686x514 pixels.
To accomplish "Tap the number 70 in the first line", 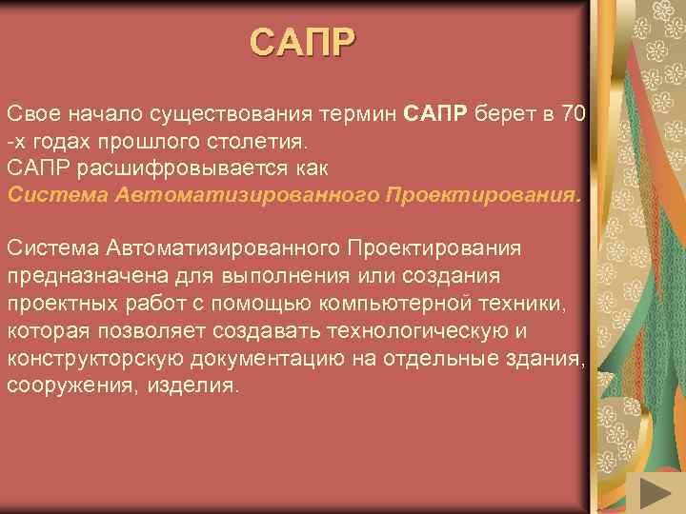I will click(x=573, y=115).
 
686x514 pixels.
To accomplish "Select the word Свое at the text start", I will click(x=31, y=115).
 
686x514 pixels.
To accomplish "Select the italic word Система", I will click(x=56, y=196).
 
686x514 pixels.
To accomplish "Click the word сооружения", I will click(x=71, y=385).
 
